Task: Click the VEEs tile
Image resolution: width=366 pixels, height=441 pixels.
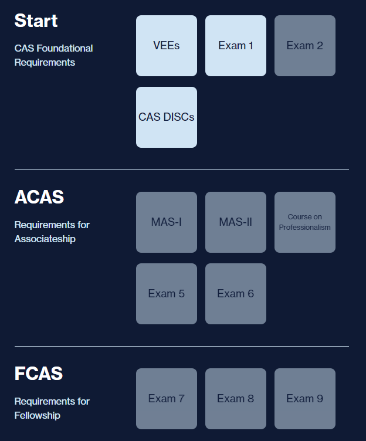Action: coord(167,46)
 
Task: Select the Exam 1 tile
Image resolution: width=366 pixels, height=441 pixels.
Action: coord(236,46)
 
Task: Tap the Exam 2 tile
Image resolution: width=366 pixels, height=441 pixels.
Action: coord(305,46)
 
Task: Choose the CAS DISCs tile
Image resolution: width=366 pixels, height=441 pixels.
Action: coord(167,117)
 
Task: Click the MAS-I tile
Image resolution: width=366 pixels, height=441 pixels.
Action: coord(167,222)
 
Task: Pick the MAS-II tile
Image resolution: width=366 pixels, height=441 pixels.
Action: coord(236,222)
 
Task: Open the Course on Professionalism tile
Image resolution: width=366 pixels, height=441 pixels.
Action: coord(305,222)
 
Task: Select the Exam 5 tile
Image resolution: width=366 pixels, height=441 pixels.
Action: coord(167,294)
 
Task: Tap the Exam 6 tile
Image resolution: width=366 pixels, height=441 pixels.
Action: coord(236,294)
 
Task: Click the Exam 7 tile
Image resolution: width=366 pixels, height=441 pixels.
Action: coord(167,399)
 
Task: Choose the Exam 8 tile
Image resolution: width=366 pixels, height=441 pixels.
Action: coord(236,399)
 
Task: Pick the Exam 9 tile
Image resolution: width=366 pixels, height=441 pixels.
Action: coord(305,399)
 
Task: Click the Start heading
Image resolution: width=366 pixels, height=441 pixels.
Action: coord(36,21)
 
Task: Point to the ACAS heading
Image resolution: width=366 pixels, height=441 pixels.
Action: coord(39,197)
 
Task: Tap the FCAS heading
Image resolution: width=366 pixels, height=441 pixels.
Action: coord(38,374)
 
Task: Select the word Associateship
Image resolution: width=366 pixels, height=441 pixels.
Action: coord(45,239)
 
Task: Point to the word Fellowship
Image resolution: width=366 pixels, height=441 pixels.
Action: coord(38,415)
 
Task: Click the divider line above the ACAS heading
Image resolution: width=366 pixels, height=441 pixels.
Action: coord(182,169)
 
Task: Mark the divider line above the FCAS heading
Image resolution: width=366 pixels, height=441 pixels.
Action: coord(182,346)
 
